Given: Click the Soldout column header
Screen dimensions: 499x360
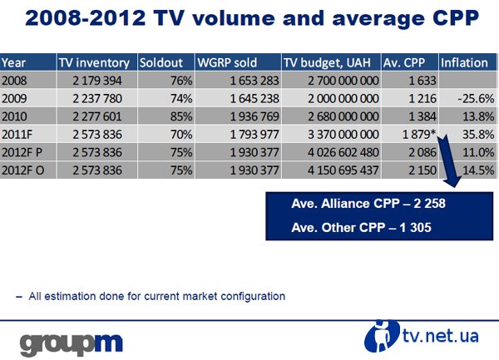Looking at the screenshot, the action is pos(161,62).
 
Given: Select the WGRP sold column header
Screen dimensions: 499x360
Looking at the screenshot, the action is pos(227,62).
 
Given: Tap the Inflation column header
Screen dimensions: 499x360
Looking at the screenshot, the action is pos(464,62).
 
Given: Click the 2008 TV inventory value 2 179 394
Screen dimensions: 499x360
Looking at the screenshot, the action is pos(97,81).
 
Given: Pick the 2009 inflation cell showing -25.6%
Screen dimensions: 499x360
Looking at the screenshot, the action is pos(476,99).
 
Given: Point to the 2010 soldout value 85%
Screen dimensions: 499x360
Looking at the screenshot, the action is pos(181,116).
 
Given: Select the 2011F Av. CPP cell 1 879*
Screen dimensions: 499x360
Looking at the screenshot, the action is pos(419,134).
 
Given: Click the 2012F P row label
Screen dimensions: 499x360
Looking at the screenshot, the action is pos(22,152).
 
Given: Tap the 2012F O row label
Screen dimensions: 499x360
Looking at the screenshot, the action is pos(23,170).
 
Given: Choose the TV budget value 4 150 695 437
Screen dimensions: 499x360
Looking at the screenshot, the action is pos(343,170).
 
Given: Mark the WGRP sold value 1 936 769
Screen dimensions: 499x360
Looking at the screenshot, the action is pos(254,116).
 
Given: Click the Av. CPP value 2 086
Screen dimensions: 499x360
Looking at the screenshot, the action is pos(422,152).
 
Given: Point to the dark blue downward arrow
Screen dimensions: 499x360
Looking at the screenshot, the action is pos(449,160).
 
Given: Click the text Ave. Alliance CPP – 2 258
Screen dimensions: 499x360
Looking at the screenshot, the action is pos(368,204).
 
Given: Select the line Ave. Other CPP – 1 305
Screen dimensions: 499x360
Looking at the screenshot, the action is pos(361,228).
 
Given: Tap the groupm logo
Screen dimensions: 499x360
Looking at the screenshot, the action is pos(72,344).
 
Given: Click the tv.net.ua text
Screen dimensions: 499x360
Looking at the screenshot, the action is pos(441,336).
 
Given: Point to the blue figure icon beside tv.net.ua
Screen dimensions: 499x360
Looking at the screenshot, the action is pos(382,336).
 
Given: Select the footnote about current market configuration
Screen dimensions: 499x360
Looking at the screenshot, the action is pos(151,296).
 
